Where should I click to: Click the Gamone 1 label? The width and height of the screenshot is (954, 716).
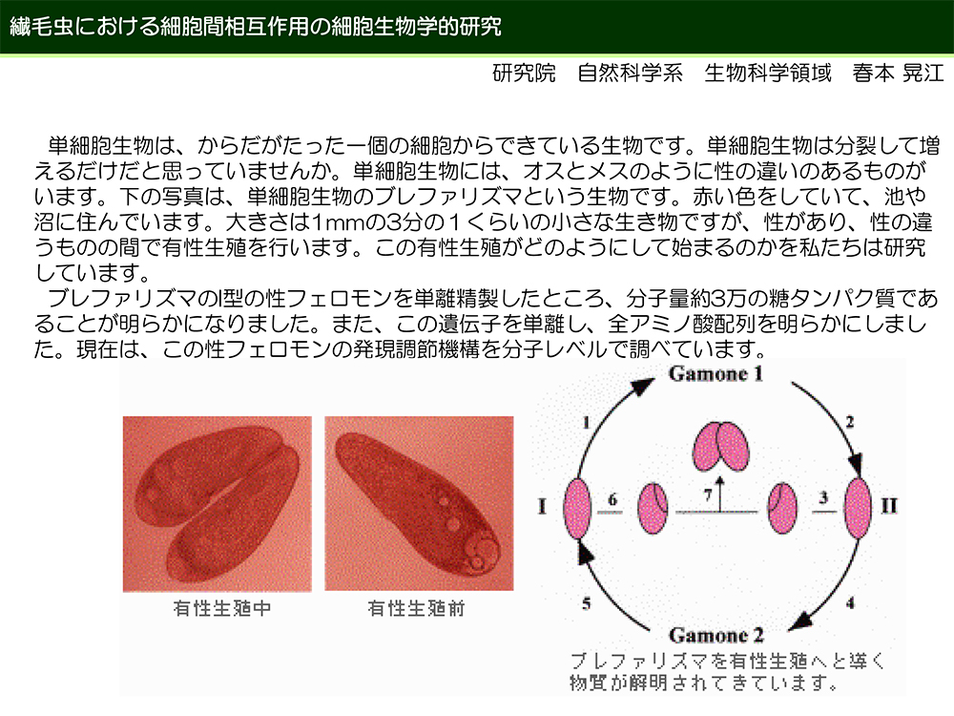click(x=715, y=374)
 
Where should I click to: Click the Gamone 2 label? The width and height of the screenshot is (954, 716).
click(x=716, y=636)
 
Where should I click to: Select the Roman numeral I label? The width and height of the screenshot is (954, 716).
click(x=542, y=506)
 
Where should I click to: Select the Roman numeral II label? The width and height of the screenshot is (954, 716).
click(x=889, y=506)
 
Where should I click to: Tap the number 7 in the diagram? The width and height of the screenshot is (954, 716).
click(x=708, y=495)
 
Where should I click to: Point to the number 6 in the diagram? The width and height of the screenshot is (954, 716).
click(x=612, y=499)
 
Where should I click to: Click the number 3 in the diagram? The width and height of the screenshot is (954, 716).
click(x=823, y=497)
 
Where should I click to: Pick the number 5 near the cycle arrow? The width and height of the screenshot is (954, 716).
click(x=586, y=603)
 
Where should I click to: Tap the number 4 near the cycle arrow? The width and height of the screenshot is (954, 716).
click(x=850, y=602)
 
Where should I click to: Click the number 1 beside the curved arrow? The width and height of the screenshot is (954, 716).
click(x=586, y=422)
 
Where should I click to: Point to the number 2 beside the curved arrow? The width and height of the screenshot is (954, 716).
click(x=849, y=421)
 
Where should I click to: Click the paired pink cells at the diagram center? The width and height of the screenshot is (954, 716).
click(x=721, y=446)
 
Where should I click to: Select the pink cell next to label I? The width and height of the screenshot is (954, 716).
click(x=577, y=509)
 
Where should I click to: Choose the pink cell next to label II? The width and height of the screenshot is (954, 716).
click(x=858, y=509)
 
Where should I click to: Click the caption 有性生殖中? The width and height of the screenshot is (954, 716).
click(x=222, y=608)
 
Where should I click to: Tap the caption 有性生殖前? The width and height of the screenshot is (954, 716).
click(x=416, y=608)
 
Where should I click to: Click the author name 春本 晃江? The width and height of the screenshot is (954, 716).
click(x=898, y=74)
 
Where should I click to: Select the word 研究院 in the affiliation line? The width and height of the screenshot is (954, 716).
click(x=524, y=74)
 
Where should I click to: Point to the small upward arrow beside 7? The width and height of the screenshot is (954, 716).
click(x=719, y=494)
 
